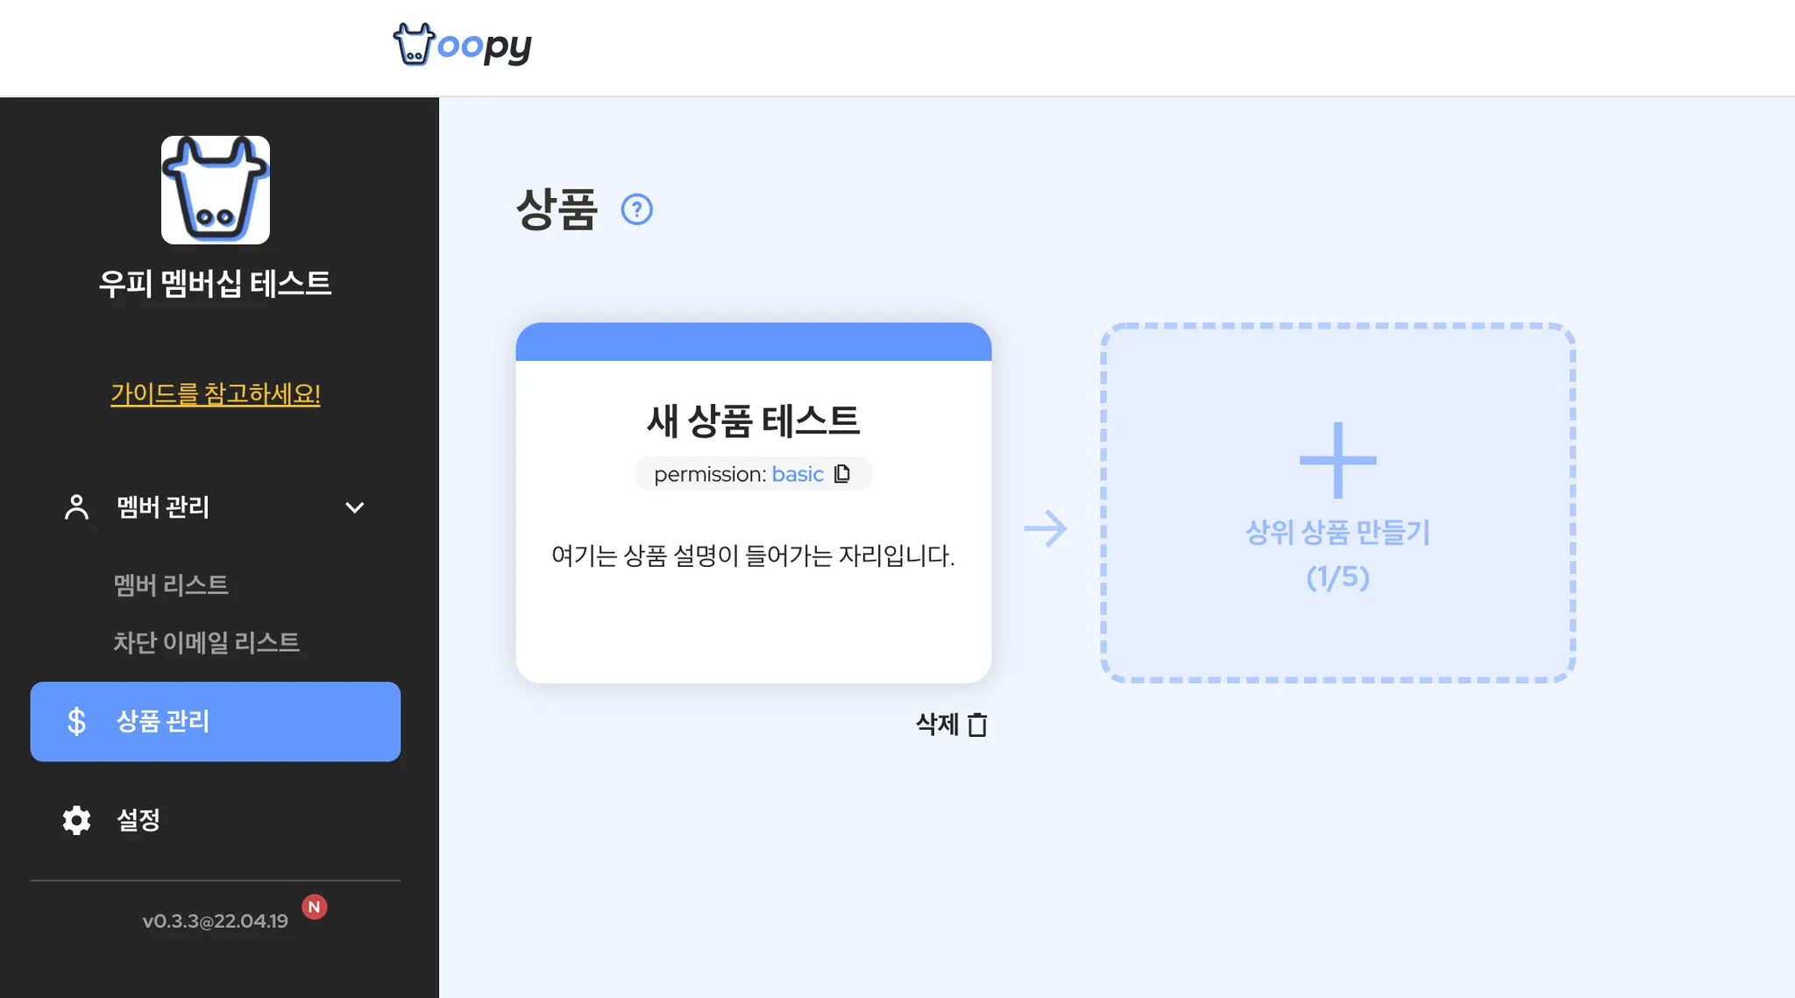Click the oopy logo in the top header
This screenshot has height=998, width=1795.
click(x=462, y=45)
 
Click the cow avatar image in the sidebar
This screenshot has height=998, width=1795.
click(x=216, y=190)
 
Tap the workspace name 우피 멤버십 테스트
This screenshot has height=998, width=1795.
click(x=215, y=283)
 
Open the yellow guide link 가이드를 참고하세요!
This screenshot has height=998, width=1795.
click(x=216, y=394)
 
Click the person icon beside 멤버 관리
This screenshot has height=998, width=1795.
click(x=76, y=507)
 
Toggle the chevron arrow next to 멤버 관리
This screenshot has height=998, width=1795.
click(x=355, y=507)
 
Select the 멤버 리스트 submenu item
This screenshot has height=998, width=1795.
click(x=171, y=584)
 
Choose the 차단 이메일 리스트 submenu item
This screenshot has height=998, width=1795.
click(x=206, y=642)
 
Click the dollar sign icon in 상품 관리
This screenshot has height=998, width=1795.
click(x=76, y=721)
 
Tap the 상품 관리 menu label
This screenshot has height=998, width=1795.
click(x=163, y=721)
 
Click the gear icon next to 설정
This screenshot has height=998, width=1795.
click(x=76, y=820)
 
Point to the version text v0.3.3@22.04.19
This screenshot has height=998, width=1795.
click(x=215, y=921)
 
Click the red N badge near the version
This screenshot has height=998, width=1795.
click(x=315, y=907)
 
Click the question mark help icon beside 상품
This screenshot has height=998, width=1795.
click(x=637, y=209)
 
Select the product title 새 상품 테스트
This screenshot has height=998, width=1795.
click(x=753, y=421)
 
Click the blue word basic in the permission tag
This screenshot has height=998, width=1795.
click(x=798, y=474)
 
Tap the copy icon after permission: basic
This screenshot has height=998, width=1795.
click(x=842, y=474)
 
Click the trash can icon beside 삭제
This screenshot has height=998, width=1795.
click(x=977, y=725)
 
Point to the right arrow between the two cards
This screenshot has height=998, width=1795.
click(x=1046, y=528)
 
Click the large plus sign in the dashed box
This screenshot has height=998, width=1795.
click(x=1337, y=460)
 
